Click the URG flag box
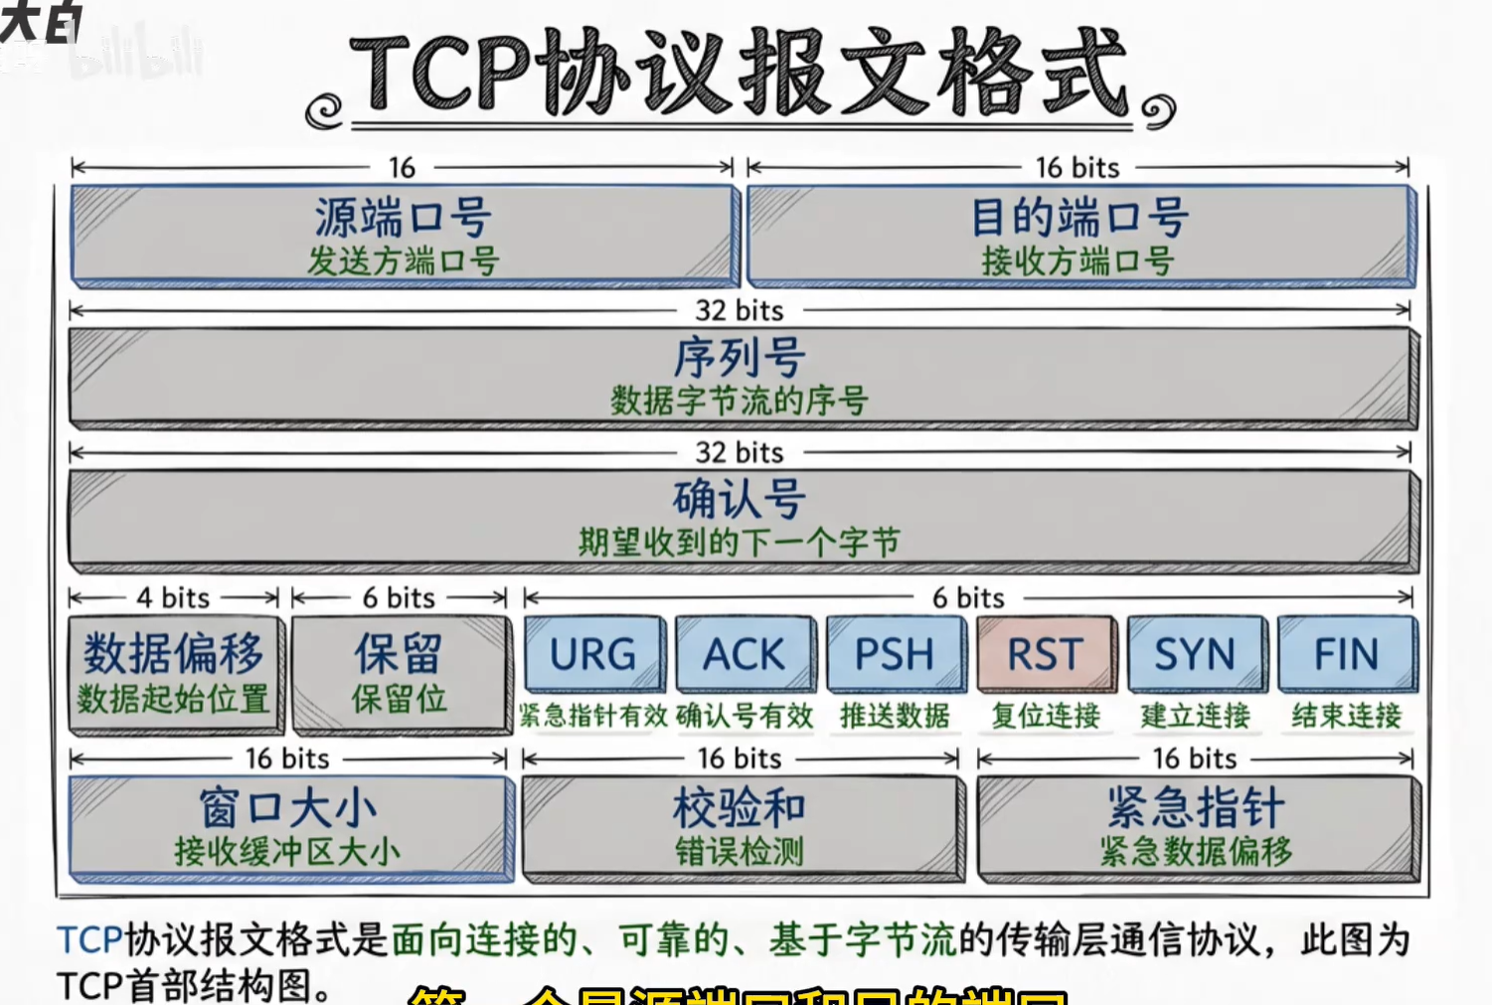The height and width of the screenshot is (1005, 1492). point(593,654)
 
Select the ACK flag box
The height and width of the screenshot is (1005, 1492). point(745,654)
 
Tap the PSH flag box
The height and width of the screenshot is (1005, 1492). point(895,654)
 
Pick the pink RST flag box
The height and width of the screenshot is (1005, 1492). point(1046,654)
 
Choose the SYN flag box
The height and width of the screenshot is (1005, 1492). point(1196,654)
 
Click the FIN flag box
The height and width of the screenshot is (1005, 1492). point(1347,654)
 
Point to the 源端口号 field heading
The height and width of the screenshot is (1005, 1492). point(403,217)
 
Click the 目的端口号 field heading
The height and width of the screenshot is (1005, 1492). point(1079,217)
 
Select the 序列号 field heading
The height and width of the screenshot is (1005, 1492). point(740,357)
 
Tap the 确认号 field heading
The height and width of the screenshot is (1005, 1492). point(740,498)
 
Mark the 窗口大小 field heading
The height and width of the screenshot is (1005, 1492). point(288,807)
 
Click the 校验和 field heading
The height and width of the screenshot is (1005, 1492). point(740,807)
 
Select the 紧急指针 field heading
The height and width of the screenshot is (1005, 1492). point(1196,807)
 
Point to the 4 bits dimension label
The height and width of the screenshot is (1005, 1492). point(173,597)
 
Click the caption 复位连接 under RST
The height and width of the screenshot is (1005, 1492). point(1046,716)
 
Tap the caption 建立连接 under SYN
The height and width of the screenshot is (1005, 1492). point(1196,716)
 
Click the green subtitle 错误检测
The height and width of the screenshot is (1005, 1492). point(740,852)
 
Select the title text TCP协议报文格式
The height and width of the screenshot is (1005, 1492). point(740,75)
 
